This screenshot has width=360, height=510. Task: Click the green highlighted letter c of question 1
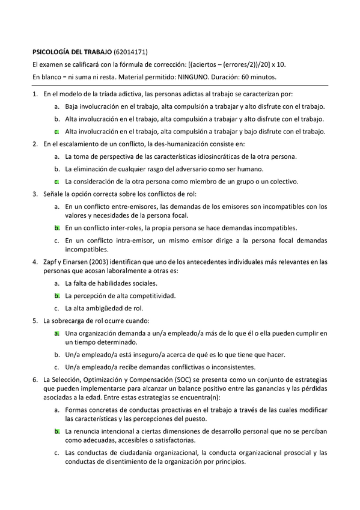[56, 131]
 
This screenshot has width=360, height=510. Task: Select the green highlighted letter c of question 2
[56, 181]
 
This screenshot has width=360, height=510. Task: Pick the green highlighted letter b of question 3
[56, 228]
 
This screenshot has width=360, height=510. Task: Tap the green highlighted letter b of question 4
[56, 295]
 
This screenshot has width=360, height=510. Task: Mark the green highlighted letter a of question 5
[56, 333]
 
